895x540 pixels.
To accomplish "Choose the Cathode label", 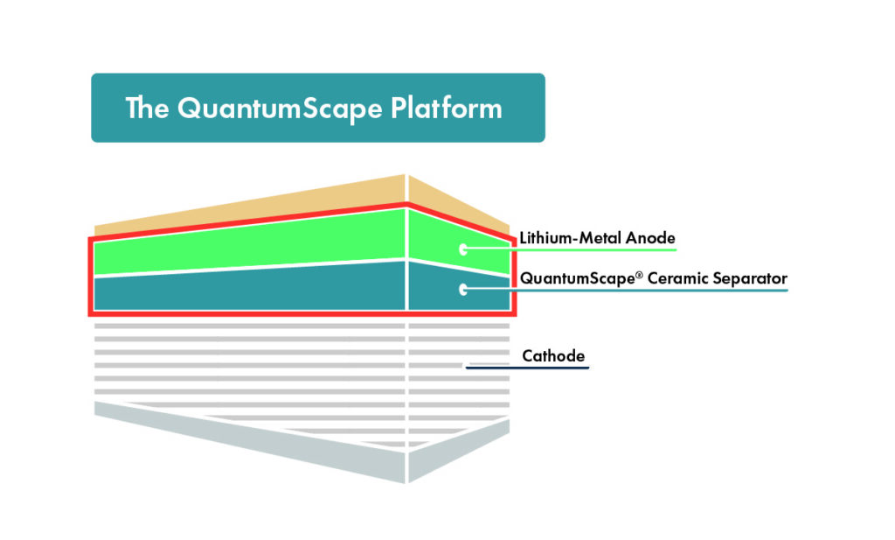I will (552, 356).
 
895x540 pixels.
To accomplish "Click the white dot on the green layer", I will (462, 249).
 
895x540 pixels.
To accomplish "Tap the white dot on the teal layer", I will (462, 289).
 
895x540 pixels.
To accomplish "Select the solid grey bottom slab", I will (262, 438).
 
